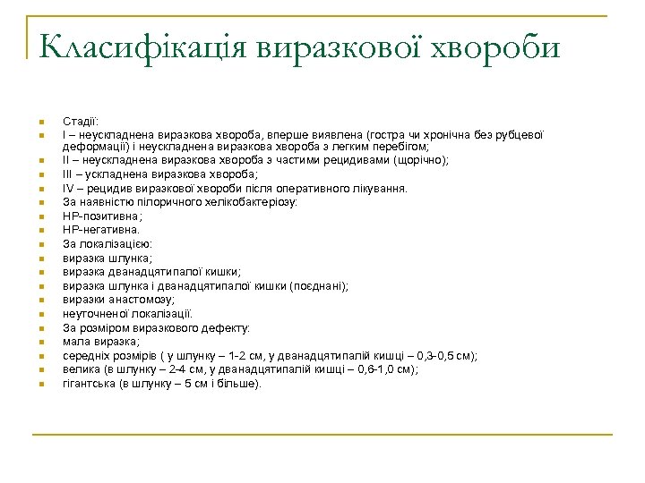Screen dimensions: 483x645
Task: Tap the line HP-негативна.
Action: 101,230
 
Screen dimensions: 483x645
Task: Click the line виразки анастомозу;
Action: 119,300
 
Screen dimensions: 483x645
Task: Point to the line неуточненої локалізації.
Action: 127,314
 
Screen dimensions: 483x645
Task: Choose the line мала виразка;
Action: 101,342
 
